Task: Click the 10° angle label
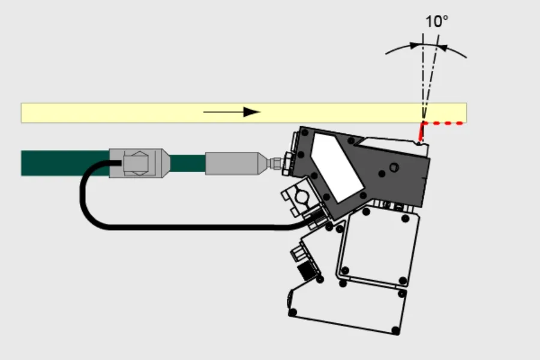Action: tap(437, 22)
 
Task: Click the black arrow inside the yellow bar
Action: tap(232, 112)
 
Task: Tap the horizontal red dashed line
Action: tap(443, 123)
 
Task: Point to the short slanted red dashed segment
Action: tap(421, 132)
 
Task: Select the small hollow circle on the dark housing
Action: tap(394, 168)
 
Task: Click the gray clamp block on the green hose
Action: tap(139, 163)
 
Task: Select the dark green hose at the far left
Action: tap(65, 163)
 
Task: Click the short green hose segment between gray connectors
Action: tap(188, 163)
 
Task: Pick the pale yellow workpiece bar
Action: tap(244, 113)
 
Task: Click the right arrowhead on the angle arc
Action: tap(443, 48)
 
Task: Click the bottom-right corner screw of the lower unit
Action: tap(396, 331)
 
